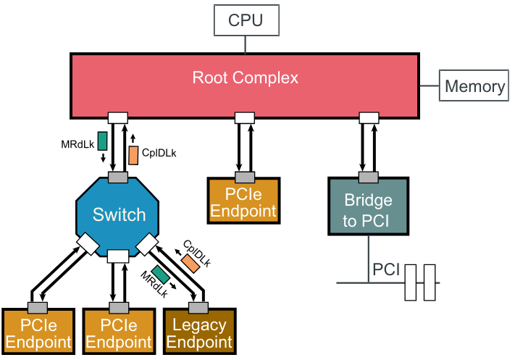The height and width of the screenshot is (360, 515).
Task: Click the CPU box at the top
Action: click(246, 20)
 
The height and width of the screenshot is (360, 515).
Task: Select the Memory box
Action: click(474, 86)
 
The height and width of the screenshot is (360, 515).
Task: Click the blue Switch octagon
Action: click(119, 215)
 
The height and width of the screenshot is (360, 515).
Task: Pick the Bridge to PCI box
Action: click(367, 210)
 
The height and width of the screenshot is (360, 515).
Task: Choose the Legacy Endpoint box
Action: click(199, 332)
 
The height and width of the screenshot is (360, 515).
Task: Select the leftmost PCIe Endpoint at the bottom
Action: click(39, 332)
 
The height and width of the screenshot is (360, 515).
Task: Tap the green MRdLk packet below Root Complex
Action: click(102, 141)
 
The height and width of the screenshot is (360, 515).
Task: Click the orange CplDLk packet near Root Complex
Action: click(133, 154)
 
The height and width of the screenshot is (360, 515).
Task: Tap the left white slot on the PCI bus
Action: click(411, 282)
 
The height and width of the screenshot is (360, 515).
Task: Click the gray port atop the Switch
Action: click(117, 177)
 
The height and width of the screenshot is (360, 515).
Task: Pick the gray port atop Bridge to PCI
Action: click(369, 177)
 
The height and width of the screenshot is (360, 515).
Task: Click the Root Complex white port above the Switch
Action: click(117, 117)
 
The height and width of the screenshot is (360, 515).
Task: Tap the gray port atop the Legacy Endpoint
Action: click(198, 305)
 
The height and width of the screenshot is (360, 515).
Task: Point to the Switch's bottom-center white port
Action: click(117, 255)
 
